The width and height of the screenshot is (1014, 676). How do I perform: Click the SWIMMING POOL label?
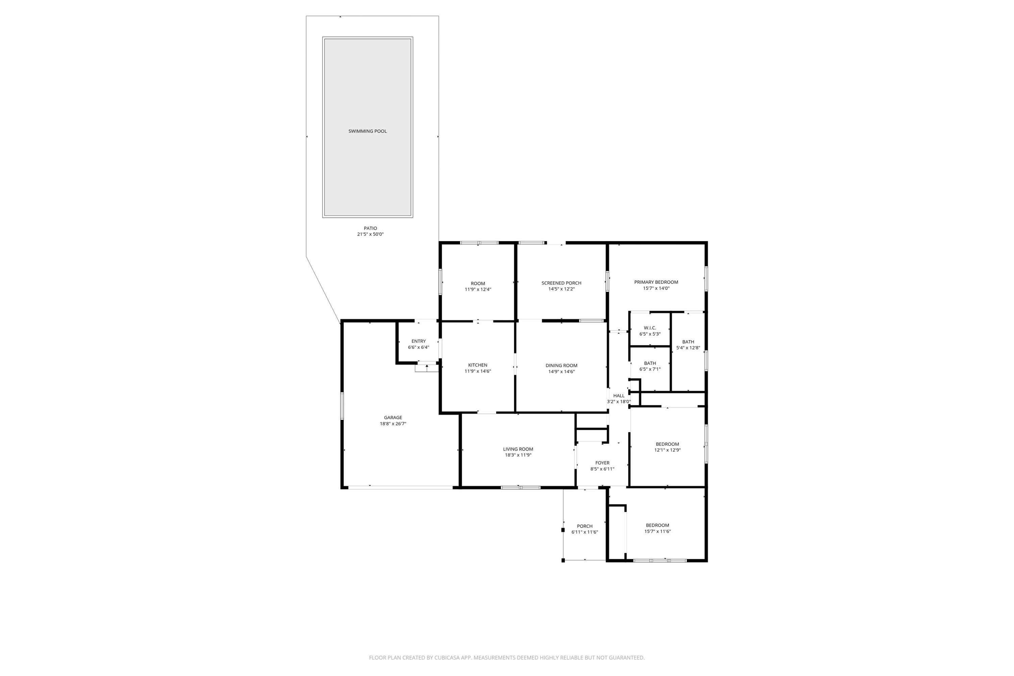367,131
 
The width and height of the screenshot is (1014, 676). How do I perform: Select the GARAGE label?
393,417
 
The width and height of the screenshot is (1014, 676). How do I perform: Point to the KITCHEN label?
478,365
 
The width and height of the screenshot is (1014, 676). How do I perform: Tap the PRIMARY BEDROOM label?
656,282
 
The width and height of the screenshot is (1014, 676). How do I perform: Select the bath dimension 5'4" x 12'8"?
688,348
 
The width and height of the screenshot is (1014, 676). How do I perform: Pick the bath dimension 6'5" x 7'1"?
650,369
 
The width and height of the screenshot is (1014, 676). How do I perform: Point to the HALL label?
619,396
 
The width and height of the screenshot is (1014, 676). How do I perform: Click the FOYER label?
602,463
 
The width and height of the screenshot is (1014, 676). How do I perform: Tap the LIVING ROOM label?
518,449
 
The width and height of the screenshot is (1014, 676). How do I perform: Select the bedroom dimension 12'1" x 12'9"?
667,450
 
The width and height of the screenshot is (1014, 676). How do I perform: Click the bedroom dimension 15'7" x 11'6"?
657,532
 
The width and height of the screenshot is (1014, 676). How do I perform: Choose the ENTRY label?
418,341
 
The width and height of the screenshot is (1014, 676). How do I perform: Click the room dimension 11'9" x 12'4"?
478,290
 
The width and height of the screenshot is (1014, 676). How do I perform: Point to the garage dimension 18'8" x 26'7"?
393,424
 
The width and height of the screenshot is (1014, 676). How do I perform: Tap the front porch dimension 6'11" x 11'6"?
585,532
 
